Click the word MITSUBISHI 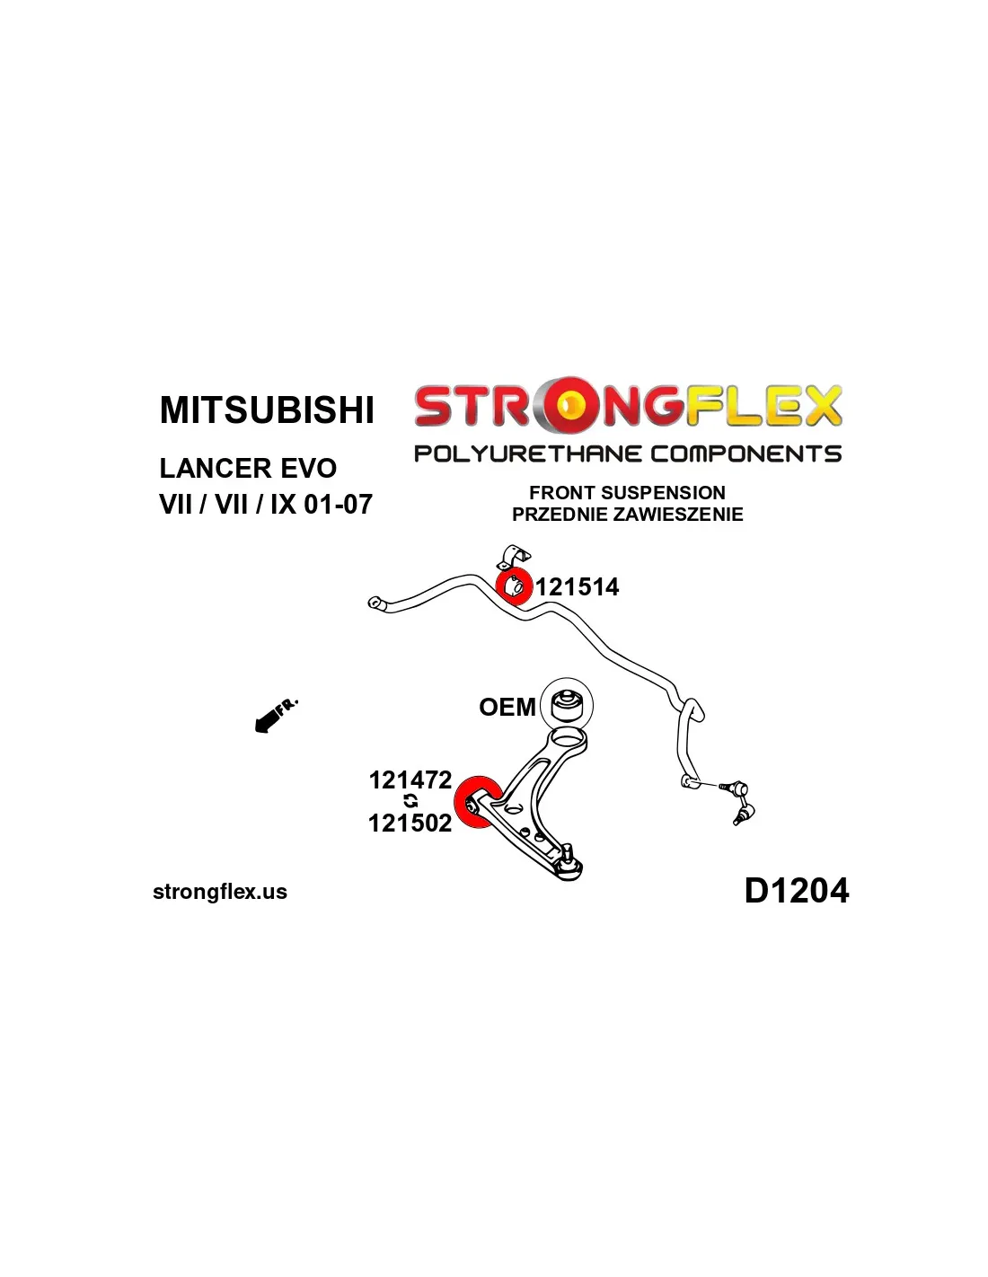pyautogui.click(x=267, y=410)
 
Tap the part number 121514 pyautogui.click(x=578, y=587)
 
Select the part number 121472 pyautogui.click(x=410, y=779)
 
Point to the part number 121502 pyautogui.click(x=410, y=823)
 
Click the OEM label pyautogui.click(x=507, y=708)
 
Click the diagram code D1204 pyautogui.click(x=796, y=891)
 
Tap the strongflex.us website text pyautogui.click(x=220, y=892)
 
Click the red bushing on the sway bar pyautogui.click(x=514, y=586)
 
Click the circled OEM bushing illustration pyautogui.click(x=567, y=703)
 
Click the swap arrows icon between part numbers pyautogui.click(x=410, y=801)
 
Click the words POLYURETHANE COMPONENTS pyautogui.click(x=627, y=454)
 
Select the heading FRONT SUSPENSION pyautogui.click(x=627, y=493)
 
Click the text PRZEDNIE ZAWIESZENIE pyautogui.click(x=627, y=515)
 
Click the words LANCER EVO pyautogui.click(x=248, y=469)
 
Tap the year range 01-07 pyautogui.click(x=338, y=505)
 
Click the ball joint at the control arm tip pyautogui.click(x=568, y=866)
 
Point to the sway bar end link pyautogui.click(x=737, y=801)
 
